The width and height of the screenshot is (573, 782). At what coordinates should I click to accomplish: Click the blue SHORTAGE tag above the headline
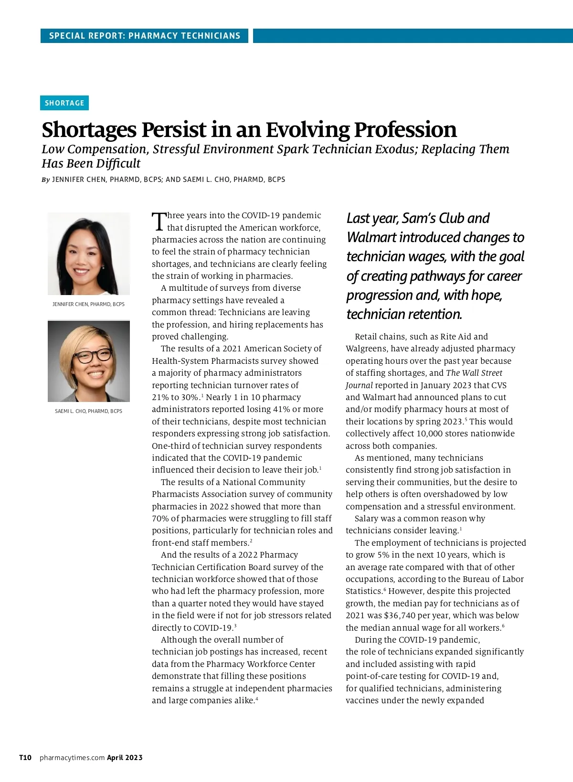(64, 103)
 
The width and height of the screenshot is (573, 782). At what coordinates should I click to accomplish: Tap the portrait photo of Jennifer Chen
(89, 254)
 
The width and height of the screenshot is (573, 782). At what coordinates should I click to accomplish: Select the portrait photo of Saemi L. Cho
(89, 361)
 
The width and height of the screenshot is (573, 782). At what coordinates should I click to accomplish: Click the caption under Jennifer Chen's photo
(88, 304)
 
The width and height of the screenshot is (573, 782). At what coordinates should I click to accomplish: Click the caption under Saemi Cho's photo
(88, 411)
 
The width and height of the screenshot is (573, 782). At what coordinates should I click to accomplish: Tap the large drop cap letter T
(159, 222)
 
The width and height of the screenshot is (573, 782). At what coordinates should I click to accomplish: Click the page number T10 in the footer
(25, 758)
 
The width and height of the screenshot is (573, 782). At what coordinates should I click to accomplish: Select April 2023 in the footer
(125, 758)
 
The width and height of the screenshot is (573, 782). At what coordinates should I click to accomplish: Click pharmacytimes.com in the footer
(72, 758)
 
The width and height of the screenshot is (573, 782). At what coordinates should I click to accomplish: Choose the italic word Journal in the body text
(359, 385)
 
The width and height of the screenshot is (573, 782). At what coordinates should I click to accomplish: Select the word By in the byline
(46, 180)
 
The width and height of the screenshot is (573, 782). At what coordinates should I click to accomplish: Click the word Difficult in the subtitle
(117, 164)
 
